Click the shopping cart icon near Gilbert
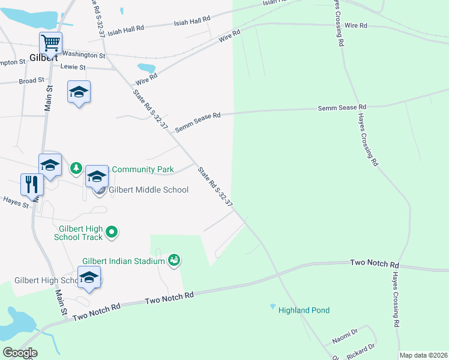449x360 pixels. click(51, 43)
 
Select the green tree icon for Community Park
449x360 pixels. click(76, 168)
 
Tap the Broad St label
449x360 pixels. click(31, 80)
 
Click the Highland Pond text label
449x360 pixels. click(304, 310)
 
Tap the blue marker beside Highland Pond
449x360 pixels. click(273, 307)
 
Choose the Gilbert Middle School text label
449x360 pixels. click(148, 190)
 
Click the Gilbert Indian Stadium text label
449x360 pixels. click(123, 261)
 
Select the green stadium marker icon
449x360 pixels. click(174, 260)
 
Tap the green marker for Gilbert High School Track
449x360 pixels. click(111, 231)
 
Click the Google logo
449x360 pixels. click(20, 352)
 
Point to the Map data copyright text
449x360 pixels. click(423, 355)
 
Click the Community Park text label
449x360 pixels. click(143, 170)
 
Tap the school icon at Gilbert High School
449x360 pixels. click(89, 278)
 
